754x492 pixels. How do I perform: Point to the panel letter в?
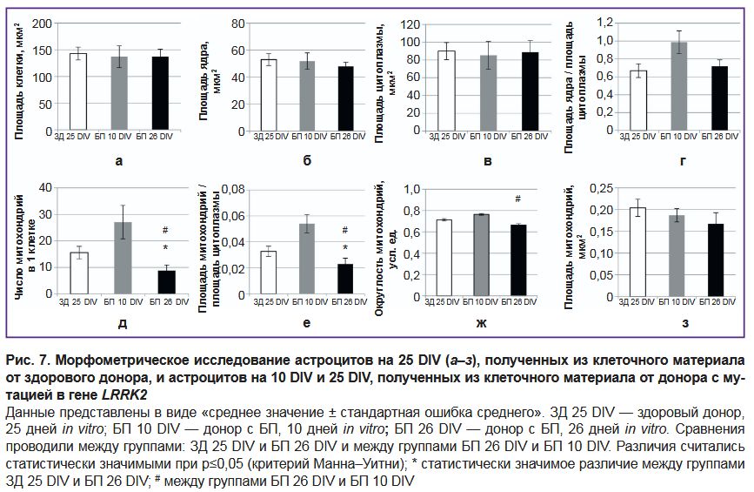tap(488, 161)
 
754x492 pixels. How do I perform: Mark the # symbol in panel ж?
tap(517, 199)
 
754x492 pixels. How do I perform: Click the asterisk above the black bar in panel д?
tap(164, 249)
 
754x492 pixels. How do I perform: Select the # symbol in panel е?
tap(344, 231)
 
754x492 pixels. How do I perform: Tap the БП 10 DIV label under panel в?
tap(488, 138)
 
